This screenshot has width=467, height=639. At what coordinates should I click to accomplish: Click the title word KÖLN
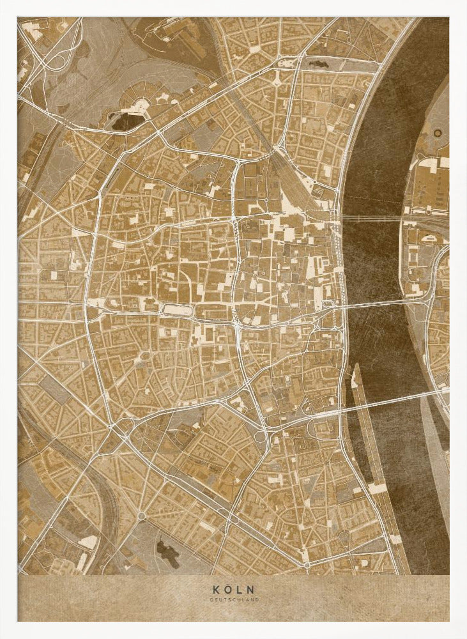point(233,589)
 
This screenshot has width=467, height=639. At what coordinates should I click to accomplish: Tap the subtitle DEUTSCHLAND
point(233,599)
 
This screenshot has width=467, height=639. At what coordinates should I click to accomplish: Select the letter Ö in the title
point(227,589)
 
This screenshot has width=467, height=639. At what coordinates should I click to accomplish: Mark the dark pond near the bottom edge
point(168,551)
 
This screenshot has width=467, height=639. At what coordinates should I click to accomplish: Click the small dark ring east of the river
point(438,133)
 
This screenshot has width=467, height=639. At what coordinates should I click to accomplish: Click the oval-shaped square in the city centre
point(176,311)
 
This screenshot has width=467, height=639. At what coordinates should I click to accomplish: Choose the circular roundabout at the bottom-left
point(141,516)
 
